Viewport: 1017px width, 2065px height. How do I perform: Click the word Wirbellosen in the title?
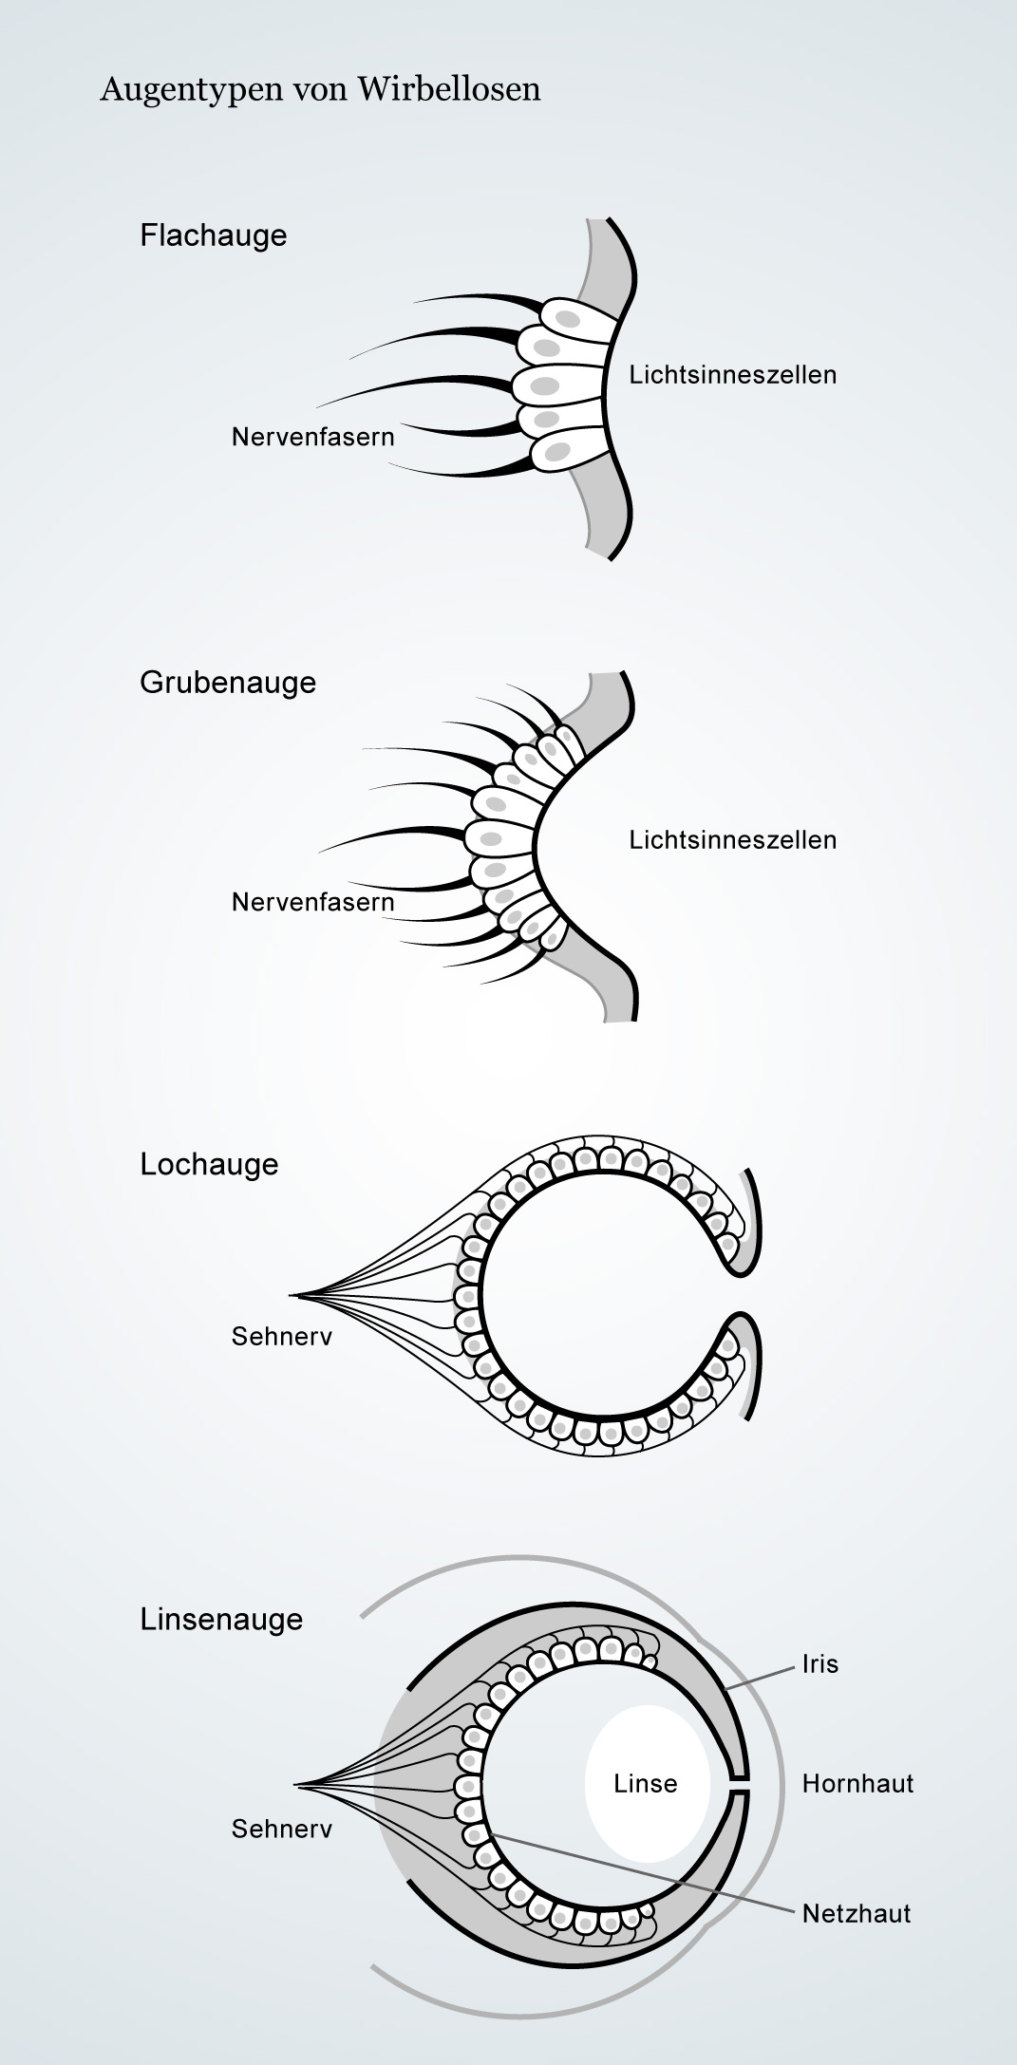pyautogui.click(x=450, y=89)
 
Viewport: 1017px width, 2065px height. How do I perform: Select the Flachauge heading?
pyautogui.click(x=214, y=235)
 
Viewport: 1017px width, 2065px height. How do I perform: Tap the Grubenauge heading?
pyautogui.click(x=228, y=682)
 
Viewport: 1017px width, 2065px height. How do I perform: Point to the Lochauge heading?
pyautogui.click(x=210, y=1164)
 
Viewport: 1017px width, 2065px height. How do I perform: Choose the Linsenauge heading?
pyautogui.click(x=221, y=1619)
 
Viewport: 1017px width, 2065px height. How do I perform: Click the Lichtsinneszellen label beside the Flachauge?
pyautogui.click(x=733, y=374)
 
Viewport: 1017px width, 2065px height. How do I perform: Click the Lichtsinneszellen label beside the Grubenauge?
pyautogui.click(x=733, y=839)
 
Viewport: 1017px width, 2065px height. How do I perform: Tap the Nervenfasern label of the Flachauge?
pyautogui.click(x=312, y=437)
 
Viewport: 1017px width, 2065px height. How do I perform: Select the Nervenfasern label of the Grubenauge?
pyautogui.click(x=312, y=902)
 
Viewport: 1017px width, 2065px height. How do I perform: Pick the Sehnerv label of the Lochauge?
pyautogui.click(x=282, y=1336)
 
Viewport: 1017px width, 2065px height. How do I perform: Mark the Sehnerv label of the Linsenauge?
pyautogui.click(x=282, y=1829)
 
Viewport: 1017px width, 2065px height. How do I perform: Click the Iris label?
pyautogui.click(x=820, y=1664)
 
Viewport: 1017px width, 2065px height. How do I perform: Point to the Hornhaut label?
pyautogui.click(x=858, y=1783)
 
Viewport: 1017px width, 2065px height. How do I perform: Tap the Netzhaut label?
pyautogui.click(x=857, y=1913)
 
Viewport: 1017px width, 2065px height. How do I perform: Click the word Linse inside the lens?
pyautogui.click(x=646, y=1783)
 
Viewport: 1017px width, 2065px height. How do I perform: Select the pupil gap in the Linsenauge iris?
pyautogui.click(x=740, y=1784)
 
